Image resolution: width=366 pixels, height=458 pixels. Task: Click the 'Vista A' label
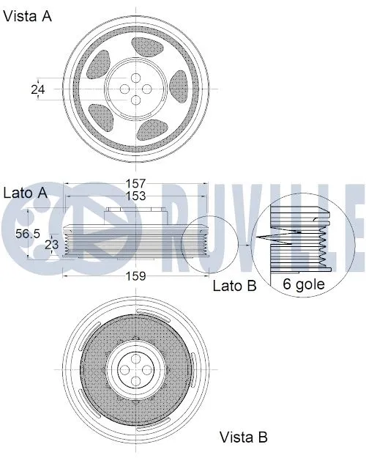pyautogui.click(x=28, y=16)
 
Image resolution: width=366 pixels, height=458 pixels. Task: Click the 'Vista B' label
pyautogui.click(x=244, y=437)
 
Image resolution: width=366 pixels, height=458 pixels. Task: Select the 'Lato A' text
pyautogui.click(x=26, y=193)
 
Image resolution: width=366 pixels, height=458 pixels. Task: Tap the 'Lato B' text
pyautogui.click(x=234, y=286)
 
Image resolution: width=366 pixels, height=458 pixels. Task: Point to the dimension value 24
pyautogui.click(x=37, y=89)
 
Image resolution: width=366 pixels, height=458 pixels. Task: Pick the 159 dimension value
pyautogui.click(x=135, y=276)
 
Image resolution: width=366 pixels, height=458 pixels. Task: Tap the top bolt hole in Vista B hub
pyautogui.click(x=135, y=358)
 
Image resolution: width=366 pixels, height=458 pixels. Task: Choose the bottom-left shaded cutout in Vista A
pyautogui.click(x=101, y=115)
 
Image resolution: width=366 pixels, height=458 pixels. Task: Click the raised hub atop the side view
pyautogui.click(x=135, y=214)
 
